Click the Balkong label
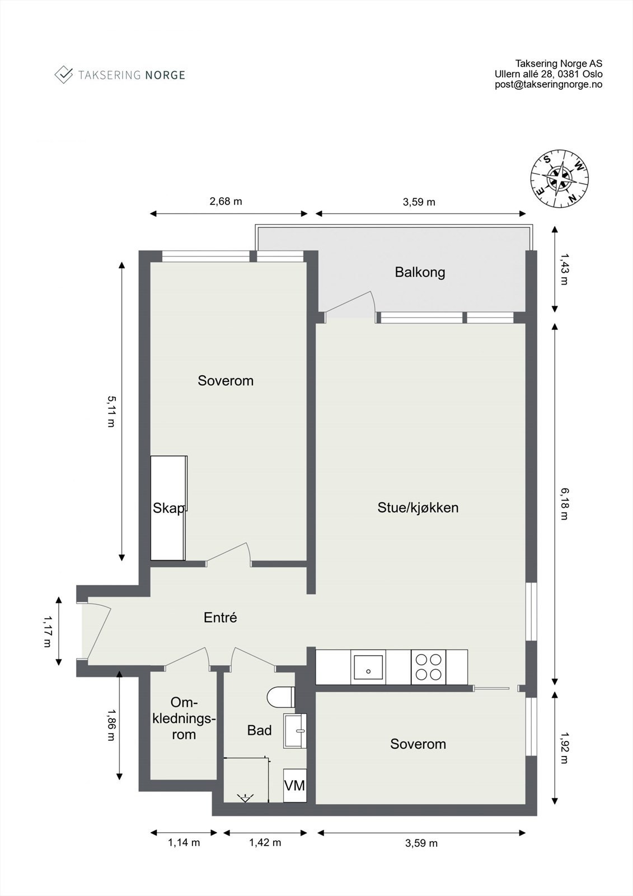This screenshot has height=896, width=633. point(420,273)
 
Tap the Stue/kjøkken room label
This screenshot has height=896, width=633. point(418,508)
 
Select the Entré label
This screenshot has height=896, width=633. point(220,618)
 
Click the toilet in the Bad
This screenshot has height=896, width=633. point(282,698)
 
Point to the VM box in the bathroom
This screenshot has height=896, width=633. point(294,786)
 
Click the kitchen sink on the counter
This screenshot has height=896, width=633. point(368,668)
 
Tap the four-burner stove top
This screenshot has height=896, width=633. point(429,667)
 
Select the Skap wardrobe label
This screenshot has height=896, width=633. point(168,508)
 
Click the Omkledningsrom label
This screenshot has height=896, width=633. point(184,718)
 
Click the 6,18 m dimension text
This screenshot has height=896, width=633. point(564,503)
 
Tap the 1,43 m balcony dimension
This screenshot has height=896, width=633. point(564,270)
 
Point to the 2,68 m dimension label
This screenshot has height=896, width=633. point(226,202)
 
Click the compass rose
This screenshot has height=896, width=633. point(559,179)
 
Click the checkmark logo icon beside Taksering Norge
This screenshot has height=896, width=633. point(63,74)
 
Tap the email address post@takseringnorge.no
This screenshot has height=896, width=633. point(548,85)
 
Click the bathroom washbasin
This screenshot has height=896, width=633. point(296,730)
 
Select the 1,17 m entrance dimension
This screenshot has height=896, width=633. point(47,631)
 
